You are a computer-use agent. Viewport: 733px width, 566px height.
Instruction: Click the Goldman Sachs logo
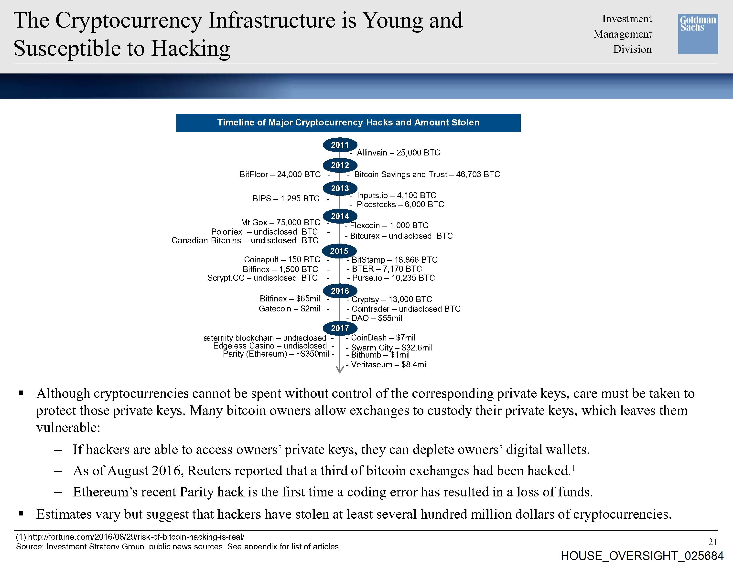(698, 34)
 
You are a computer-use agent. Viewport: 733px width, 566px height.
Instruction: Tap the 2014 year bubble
(340, 216)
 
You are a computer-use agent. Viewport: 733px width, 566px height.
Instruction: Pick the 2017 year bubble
(340, 328)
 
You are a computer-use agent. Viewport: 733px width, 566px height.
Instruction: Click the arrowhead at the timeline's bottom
(340, 370)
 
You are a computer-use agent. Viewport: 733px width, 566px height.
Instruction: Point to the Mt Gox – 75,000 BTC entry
(280, 222)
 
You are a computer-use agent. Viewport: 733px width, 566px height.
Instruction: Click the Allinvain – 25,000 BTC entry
(398, 153)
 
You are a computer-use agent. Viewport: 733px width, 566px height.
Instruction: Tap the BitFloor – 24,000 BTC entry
(280, 174)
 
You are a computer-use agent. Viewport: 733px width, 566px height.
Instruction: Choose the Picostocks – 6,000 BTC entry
(400, 205)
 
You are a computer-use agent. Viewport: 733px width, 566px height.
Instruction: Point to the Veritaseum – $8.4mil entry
(389, 364)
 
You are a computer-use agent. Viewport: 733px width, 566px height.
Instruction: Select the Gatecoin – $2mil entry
(289, 309)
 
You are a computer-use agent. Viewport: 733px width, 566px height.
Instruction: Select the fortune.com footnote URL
(136, 537)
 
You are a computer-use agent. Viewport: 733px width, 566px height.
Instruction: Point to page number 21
(712, 542)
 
